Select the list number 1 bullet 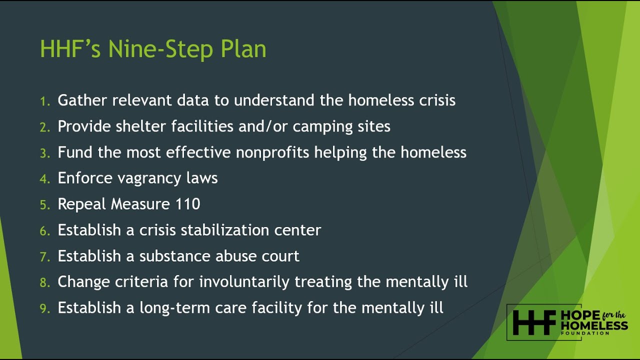[45, 101]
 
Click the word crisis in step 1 [435, 100]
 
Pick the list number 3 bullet [45, 153]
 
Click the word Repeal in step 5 [82, 204]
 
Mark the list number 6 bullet [45, 231]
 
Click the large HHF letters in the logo [533, 323]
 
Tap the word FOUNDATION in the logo [585, 333]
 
